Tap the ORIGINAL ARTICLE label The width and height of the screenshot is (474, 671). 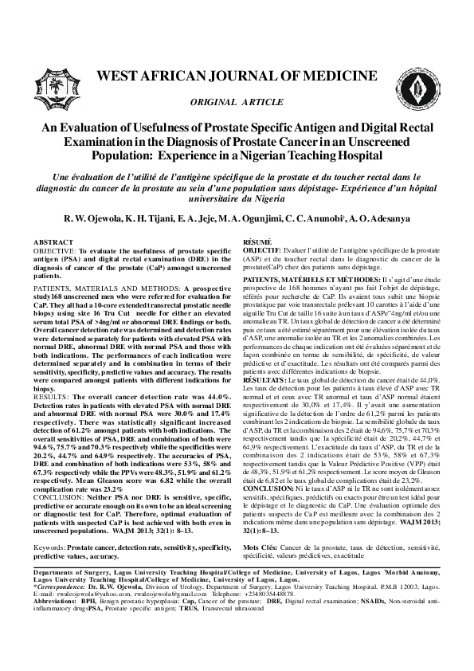(237, 104)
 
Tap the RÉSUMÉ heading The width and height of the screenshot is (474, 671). (257, 241)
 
